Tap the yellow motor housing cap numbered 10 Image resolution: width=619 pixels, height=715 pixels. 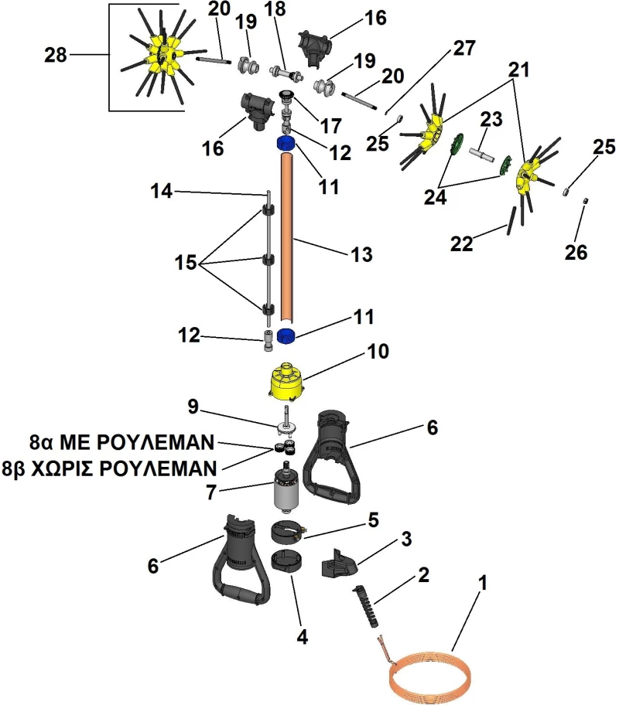pos(286,382)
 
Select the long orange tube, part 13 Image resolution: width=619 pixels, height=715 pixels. pos(286,238)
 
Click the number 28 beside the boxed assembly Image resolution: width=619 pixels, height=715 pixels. pos(56,55)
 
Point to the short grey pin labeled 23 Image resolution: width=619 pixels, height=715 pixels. pos(481,154)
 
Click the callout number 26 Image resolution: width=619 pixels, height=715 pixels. pos(576,252)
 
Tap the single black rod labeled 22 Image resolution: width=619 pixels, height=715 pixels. pos(511,221)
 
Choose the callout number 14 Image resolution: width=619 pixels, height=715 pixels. pos(162,191)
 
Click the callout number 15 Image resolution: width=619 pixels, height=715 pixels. pos(186,262)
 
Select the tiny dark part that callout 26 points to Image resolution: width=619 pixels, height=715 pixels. pos(585,201)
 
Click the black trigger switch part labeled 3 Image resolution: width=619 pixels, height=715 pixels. pos(339,563)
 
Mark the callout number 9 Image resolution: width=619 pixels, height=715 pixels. pos(193,407)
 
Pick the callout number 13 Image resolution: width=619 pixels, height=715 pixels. pos(361,254)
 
